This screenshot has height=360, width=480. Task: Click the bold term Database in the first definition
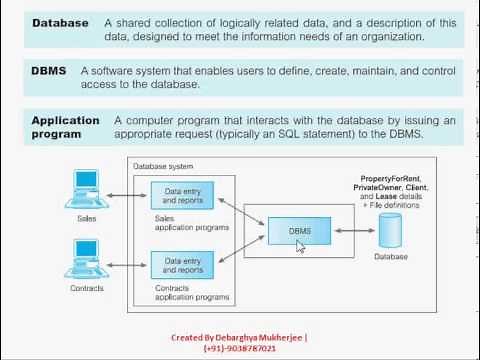pyautogui.click(x=59, y=23)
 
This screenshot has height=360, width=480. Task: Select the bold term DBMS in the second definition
pyautogui.click(x=50, y=71)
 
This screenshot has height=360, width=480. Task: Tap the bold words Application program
pyautogui.click(x=65, y=127)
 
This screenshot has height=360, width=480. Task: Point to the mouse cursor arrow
pyautogui.click(x=299, y=245)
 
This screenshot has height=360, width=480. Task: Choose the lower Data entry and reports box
pyautogui.click(x=183, y=266)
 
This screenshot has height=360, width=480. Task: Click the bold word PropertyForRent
pyautogui.click(x=386, y=177)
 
